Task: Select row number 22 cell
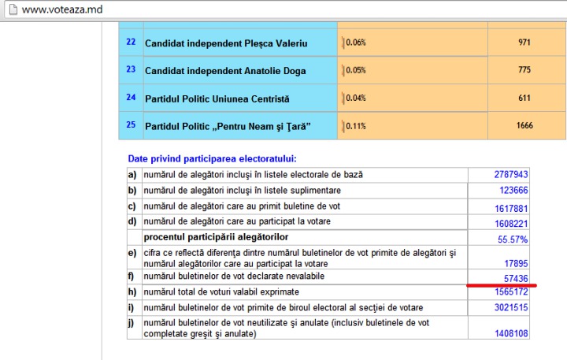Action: click(131, 42)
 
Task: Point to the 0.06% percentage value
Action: click(356, 43)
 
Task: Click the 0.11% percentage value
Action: click(356, 126)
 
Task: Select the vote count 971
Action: click(524, 43)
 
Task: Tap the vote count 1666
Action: click(524, 126)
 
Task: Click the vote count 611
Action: click(524, 98)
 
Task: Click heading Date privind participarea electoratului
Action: click(213, 158)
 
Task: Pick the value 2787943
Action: click(511, 174)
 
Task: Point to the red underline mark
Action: click(501, 284)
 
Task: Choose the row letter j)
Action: click(133, 323)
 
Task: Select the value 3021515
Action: click(511, 306)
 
